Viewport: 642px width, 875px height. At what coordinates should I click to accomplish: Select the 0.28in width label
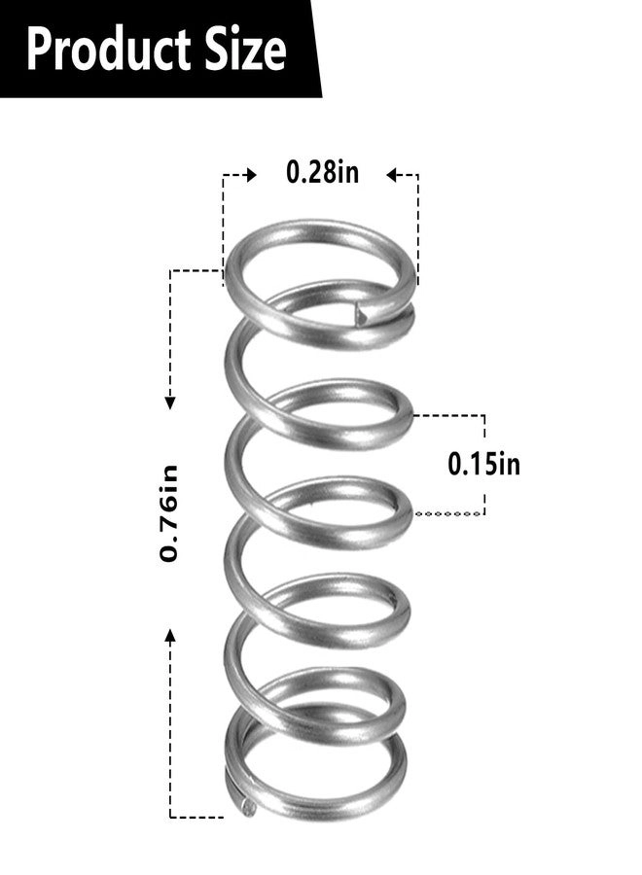click(x=321, y=173)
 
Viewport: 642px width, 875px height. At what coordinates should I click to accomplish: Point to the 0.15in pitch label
click(x=483, y=464)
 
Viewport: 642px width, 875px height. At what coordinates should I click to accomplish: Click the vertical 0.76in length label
click(x=170, y=514)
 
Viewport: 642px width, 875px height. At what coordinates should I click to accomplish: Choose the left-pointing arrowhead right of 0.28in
click(x=393, y=176)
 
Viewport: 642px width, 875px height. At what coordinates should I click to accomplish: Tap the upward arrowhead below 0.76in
click(x=170, y=636)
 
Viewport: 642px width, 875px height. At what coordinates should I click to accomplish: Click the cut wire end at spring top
click(x=361, y=313)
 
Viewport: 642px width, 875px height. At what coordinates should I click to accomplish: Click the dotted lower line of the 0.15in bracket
click(x=449, y=514)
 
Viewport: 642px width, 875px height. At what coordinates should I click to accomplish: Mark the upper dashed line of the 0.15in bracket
click(x=449, y=415)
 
